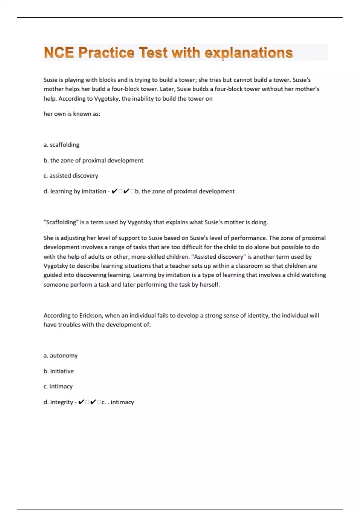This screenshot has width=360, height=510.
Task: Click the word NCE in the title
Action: pyautogui.click(x=59, y=52)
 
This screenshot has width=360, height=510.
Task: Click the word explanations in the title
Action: pyautogui.click(x=249, y=53)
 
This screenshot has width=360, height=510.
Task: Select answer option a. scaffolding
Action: pyautogui.click(x=61, y=145)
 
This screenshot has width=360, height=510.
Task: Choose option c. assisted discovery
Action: pyautogui.click(x=71, y=175)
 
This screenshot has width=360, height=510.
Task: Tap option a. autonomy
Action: pyautogui.click(x=61, y=355)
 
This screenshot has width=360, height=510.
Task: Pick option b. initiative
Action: pyautogui.click(x=58, y=371)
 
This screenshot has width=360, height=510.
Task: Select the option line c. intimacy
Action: pyautogui.click(x=58, y=386)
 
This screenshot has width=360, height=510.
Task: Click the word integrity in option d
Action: pyautogui.click(x=61, y=402)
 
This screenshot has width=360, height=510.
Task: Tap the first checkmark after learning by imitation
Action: pyautogui.click(x=114, y=191)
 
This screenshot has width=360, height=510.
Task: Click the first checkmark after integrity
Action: pyautogui.click(x=81, y=402)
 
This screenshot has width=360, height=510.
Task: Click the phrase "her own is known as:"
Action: pyautogui.click(x=72, y=114)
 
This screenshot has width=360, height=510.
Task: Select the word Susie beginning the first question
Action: pyautogui.click(x=50, y=80)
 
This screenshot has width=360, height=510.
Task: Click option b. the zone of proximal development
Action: pyautogui.click(x=93, y=160)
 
